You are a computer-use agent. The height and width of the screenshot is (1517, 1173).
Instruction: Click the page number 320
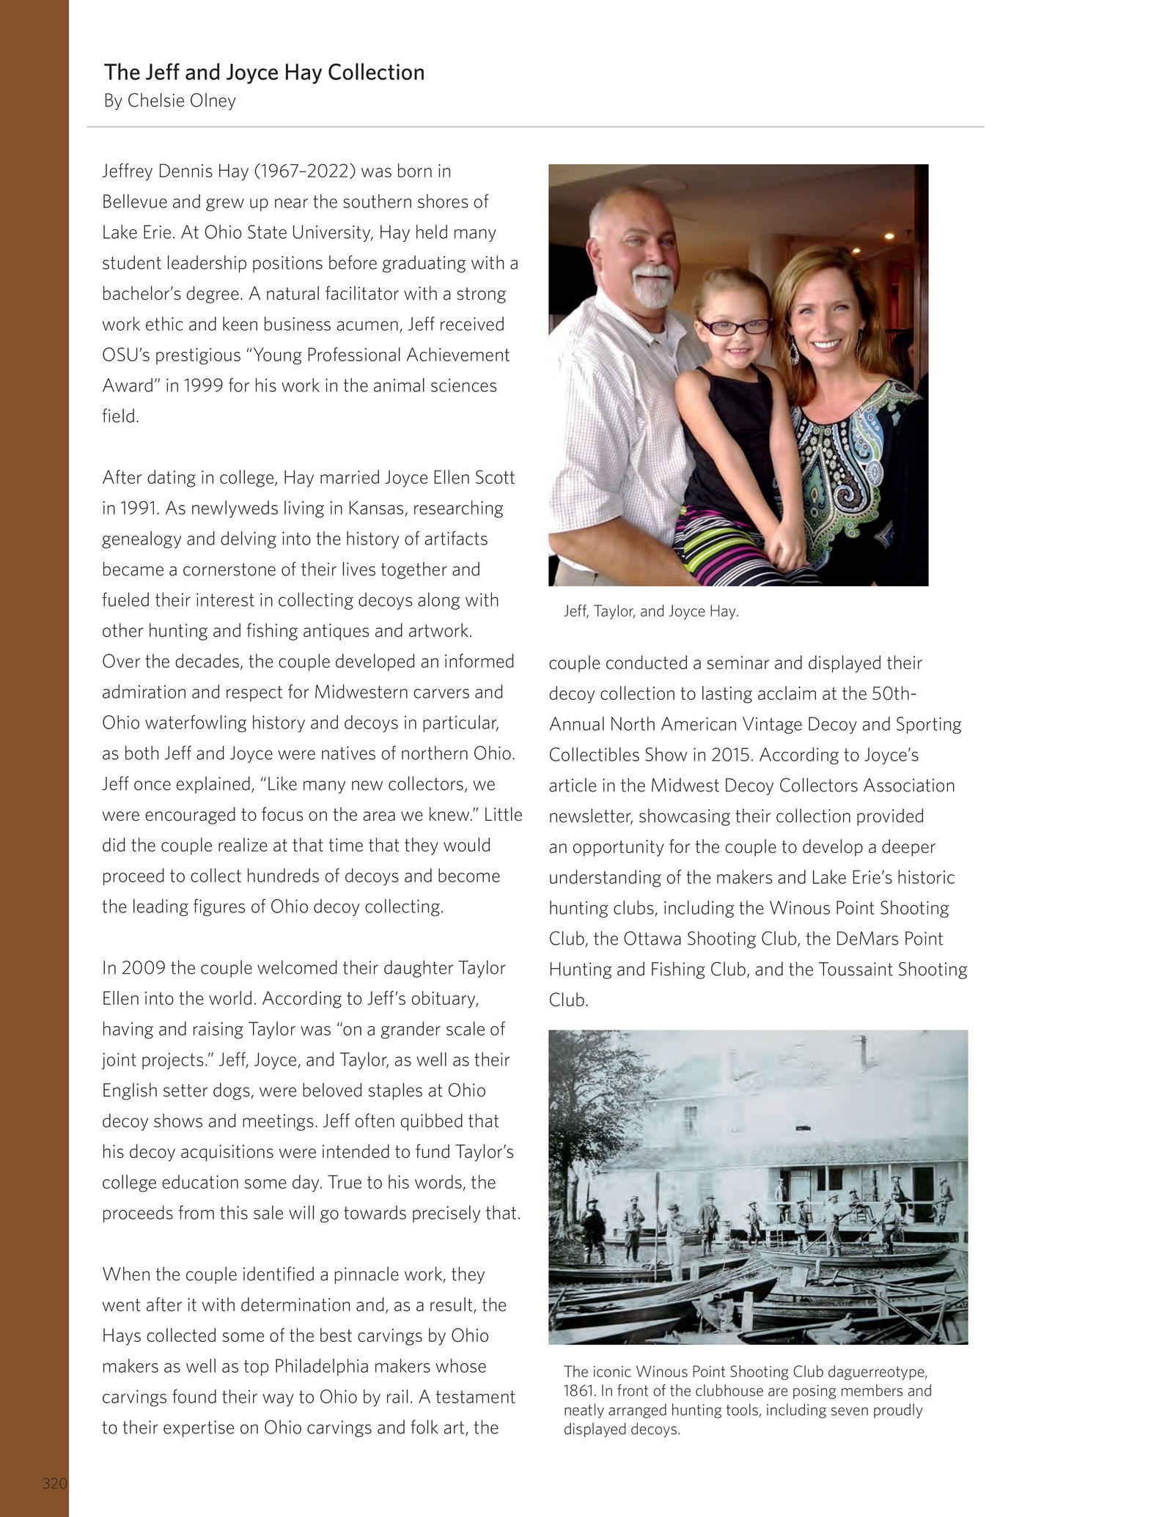click(55, 1483)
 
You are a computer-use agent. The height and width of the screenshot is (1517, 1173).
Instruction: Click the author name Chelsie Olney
click(182, 100)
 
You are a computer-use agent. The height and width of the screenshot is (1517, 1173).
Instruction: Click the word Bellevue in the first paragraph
click(133, 202)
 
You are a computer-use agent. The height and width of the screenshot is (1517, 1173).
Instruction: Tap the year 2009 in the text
click(144, 967)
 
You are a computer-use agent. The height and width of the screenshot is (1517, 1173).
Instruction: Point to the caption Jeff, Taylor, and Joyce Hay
click(651, 611)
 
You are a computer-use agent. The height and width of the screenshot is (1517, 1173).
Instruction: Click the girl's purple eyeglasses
click(733, 326)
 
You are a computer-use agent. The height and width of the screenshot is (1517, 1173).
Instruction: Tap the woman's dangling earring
click(795, 354)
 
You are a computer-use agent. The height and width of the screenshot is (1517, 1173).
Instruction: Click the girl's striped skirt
click(718, 539)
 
